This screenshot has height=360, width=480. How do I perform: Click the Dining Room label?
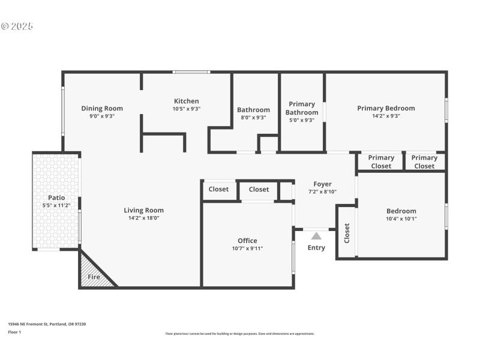point(102,109)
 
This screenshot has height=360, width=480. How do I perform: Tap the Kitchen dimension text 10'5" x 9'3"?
point(186,109)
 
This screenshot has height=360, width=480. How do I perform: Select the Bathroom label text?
point(253,110)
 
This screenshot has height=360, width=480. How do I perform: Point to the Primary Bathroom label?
point(302,108)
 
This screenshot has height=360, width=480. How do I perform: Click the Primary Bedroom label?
point(386,108)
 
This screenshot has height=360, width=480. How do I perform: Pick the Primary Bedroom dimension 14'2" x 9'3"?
point(386,116)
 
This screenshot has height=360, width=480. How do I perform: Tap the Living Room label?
point(143,210)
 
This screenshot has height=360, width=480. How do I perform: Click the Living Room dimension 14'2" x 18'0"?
point(143,218)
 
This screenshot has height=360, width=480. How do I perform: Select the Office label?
point(247,241)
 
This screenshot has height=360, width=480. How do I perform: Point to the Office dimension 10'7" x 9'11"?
point(247,248)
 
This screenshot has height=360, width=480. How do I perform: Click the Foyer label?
point(322,184)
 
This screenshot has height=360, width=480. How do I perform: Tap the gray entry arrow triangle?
point(316,236)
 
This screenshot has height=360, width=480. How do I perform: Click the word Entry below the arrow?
point(316,248)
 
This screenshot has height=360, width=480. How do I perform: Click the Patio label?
point(56,197)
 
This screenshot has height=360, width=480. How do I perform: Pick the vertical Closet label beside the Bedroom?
point(346,233)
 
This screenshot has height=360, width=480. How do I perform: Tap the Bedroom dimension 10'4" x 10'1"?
point(401,219)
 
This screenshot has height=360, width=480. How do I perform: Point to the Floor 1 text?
point(14,332)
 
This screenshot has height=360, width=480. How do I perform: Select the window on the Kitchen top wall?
point(191,72)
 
